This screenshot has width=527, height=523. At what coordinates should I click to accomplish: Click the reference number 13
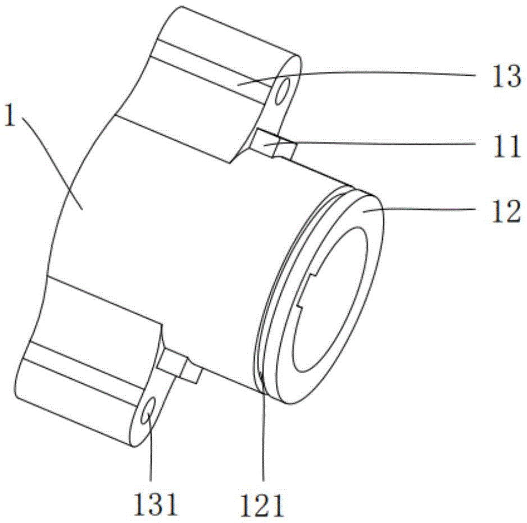507,76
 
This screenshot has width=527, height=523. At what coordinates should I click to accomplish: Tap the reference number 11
507,146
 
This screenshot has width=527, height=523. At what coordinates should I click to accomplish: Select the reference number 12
507,212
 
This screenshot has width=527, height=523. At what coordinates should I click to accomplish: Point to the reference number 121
261,505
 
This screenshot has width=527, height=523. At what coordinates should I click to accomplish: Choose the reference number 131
155,504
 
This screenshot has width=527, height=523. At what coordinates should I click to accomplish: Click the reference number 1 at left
10,115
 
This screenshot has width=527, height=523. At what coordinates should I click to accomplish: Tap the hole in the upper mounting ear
282,91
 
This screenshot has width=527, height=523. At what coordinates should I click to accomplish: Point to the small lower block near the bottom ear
179,366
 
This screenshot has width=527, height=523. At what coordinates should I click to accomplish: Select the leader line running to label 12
420,209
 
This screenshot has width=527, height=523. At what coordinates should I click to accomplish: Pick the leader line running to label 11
370,143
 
